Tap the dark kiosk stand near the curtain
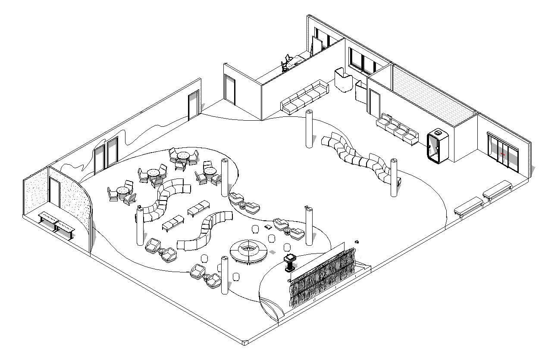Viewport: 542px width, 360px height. (289, 263)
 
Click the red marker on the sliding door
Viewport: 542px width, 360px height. (503, 154)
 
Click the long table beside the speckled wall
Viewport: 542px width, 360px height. (57, 224)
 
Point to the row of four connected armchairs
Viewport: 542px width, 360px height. (398, 128)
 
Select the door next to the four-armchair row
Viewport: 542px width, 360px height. (374, 103)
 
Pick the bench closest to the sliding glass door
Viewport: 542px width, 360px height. (497, 190)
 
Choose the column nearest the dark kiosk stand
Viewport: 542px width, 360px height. (309, 225)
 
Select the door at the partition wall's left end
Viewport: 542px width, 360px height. (229, 91)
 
